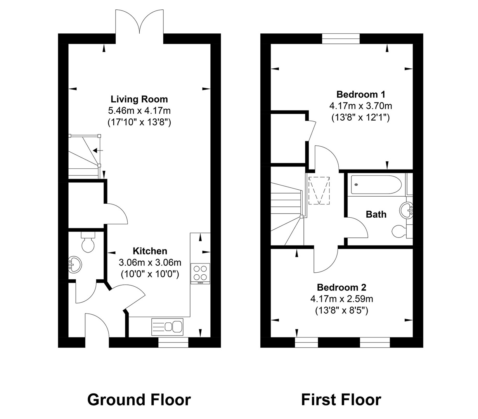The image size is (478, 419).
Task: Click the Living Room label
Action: pyautogui.click(x=139, y=99)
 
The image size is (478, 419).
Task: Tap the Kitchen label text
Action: pyautogui.click(x=150, y=251)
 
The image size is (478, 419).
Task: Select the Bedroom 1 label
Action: pyautogui.click(x=360, y=94)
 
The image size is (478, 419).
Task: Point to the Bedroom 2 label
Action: pyautogui.click(x=341, y=287)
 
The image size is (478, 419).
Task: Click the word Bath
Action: pyautogui.click(x=376, y=214)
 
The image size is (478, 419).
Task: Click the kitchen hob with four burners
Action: pyautogui.click(x=200, y=274)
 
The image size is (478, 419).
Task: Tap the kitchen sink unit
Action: pyautogui.click(x=167, y=327)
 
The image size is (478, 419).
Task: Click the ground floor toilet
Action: pyautogui.click(x=88, y=242)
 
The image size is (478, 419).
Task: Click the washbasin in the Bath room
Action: pyautogui.click(x=406, y=209)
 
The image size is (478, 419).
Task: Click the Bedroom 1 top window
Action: pyautogui.click(x=341, y=39)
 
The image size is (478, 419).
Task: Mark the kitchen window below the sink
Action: pyautogui.click(x=173, y=342)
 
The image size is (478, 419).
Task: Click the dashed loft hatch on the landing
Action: pyautogui.click(x=319, y=190)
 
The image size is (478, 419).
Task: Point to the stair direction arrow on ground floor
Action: pyautogui.click(x=98, y=150)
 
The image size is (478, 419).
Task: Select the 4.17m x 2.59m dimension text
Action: pyautogui.click(x=342, y=299)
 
